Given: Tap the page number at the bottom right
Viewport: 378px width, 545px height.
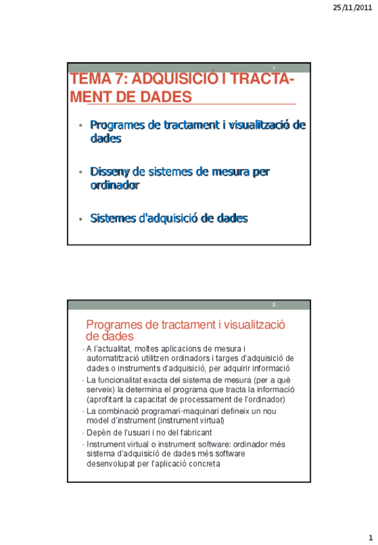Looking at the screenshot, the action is point(370,537).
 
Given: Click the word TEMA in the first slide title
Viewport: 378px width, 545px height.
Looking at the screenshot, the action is point(90,80).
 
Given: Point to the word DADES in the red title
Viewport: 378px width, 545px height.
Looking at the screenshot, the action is point(163,97).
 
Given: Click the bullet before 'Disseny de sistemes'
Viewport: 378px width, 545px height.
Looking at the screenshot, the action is point(81,172).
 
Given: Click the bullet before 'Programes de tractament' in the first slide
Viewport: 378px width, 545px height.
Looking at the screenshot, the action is point(81,125).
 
